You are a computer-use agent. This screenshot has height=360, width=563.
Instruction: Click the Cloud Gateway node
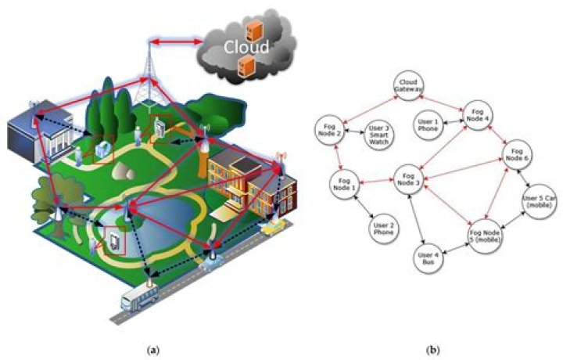pyautogui.click(x=408, y=85)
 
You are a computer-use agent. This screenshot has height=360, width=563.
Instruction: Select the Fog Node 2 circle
pyautogui.click(x=329, y=130)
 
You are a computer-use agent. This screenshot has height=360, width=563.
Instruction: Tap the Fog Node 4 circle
pyautogui.click(x=478, y=115)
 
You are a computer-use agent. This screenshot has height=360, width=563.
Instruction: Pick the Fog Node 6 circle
pyautogui.click(x=517, y=155)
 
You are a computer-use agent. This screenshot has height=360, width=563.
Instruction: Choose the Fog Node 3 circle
pyautogui.click(x=409, y=179)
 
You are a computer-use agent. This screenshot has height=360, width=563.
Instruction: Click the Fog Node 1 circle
pyautogui.click(x=344, y=184)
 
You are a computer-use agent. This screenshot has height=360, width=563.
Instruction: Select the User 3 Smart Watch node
pyautogui.click(x=378, y=135)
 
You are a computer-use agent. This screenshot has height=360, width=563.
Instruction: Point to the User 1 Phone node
pyautogui.click(x=428, y=125)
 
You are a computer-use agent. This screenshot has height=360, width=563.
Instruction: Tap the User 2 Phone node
pyautogui.click(x=384, y=229)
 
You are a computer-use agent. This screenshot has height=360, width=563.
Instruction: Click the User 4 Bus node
pyautogui.click(x=428, y=258)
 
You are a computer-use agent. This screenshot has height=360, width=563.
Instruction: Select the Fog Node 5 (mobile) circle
pyautogui.click(x=485, y=236)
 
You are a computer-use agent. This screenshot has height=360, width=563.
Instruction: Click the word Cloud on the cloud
pyautogui.click(x=246, y=47)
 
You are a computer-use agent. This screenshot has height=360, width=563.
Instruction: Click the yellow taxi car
pyautogui.click(x=274, y=226)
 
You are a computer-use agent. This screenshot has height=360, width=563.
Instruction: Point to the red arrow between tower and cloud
pyautogui.click(x=176, y=42)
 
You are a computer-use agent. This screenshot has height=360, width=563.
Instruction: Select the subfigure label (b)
pyautogui.click(x=432, y=350)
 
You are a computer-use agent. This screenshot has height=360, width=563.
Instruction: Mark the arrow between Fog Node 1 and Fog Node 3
pyautogui.click(x=376, y=182)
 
